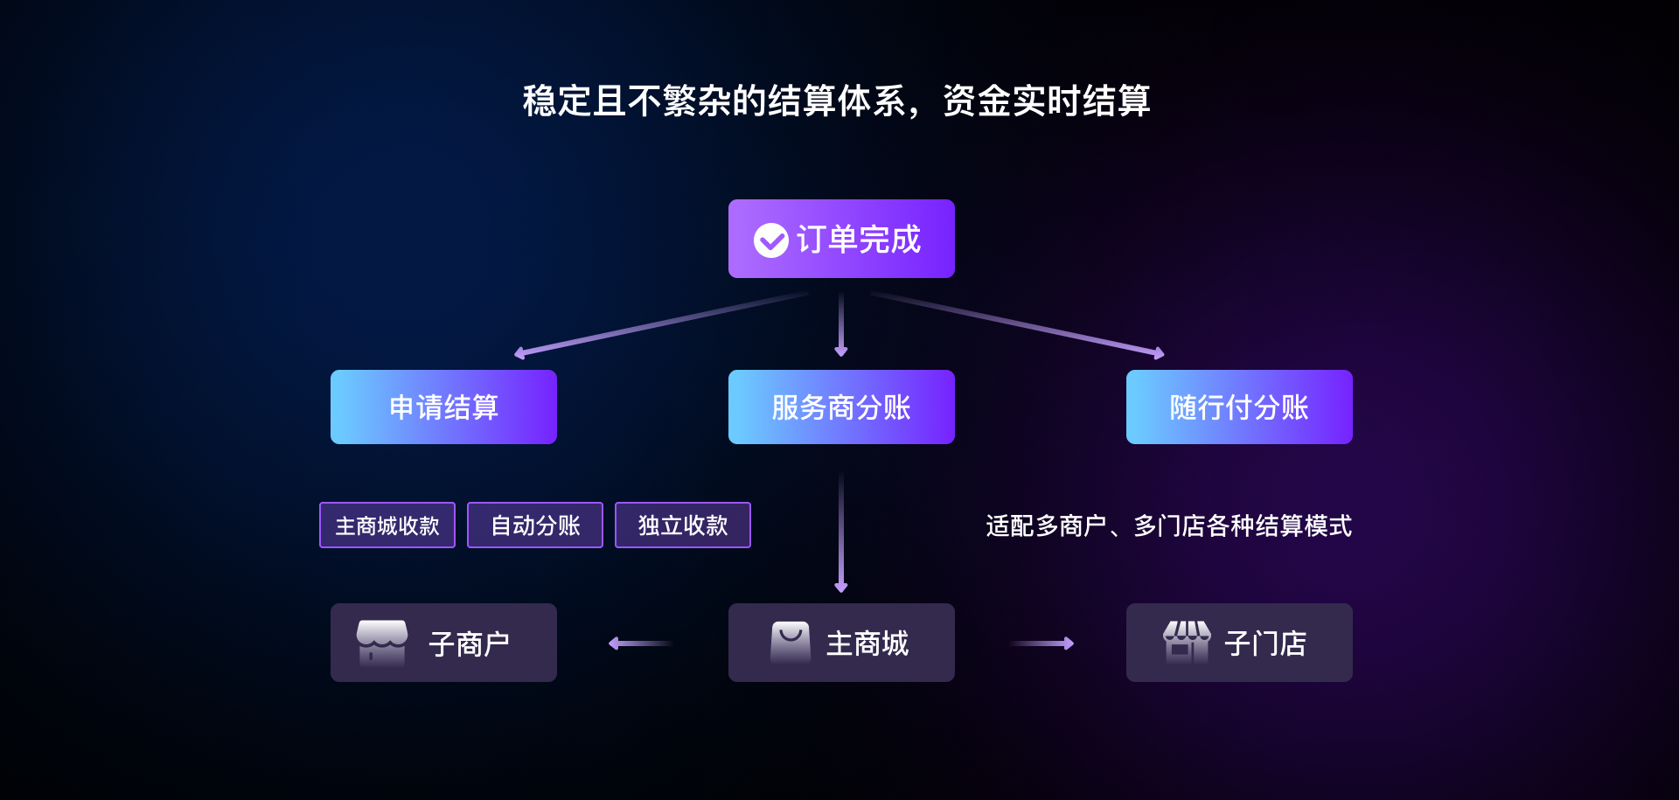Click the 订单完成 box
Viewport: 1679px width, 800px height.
pyautogui.click(x=841, y=239)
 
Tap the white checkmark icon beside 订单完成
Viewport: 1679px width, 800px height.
pyautogui.click(x=770, y=240)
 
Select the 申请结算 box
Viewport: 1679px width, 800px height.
pyautogui.click(x=443, y=407)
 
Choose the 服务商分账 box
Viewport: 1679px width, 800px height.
pyautogui.click(x=841, y=407)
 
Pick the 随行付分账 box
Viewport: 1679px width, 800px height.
pyautogui.click(x=1239, y=407)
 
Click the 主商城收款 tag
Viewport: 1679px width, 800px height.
pyautogui.click(x=387, y=525)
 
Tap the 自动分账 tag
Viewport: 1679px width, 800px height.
pyautogui.click(x=535, y=525)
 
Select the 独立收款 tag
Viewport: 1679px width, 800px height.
pyautogui.click(x=683, y=525)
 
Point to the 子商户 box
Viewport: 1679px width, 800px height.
pyautogui.click(x=443, y=643)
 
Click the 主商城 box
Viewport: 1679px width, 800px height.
pyautogui.click(x=841, y=643)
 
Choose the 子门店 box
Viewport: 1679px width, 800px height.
pyautogui.click(x=1239, y=643)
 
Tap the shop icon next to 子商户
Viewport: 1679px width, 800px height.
pyautogui.click(x=382, y=643)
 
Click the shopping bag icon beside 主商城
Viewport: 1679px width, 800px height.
pyautogui.click(x=791, y=643)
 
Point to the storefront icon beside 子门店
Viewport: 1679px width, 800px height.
pyautogui.click(x=1187, y=643)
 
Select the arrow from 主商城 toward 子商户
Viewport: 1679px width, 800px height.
pyautogui.click(x=640, y=643)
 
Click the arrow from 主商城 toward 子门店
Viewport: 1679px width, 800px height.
pyautogui.click(x=1042, y=643)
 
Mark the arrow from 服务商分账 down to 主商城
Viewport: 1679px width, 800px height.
pyautogui.click(x=841, y=533)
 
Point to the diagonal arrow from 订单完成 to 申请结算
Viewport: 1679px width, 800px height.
pyautogui.click(x=662, y=323)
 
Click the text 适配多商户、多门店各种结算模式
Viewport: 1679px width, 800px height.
pyautogui.click(x=1168, y=525)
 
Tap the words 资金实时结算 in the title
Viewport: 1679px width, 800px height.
pyautogui.click(x=1046, y=101)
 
